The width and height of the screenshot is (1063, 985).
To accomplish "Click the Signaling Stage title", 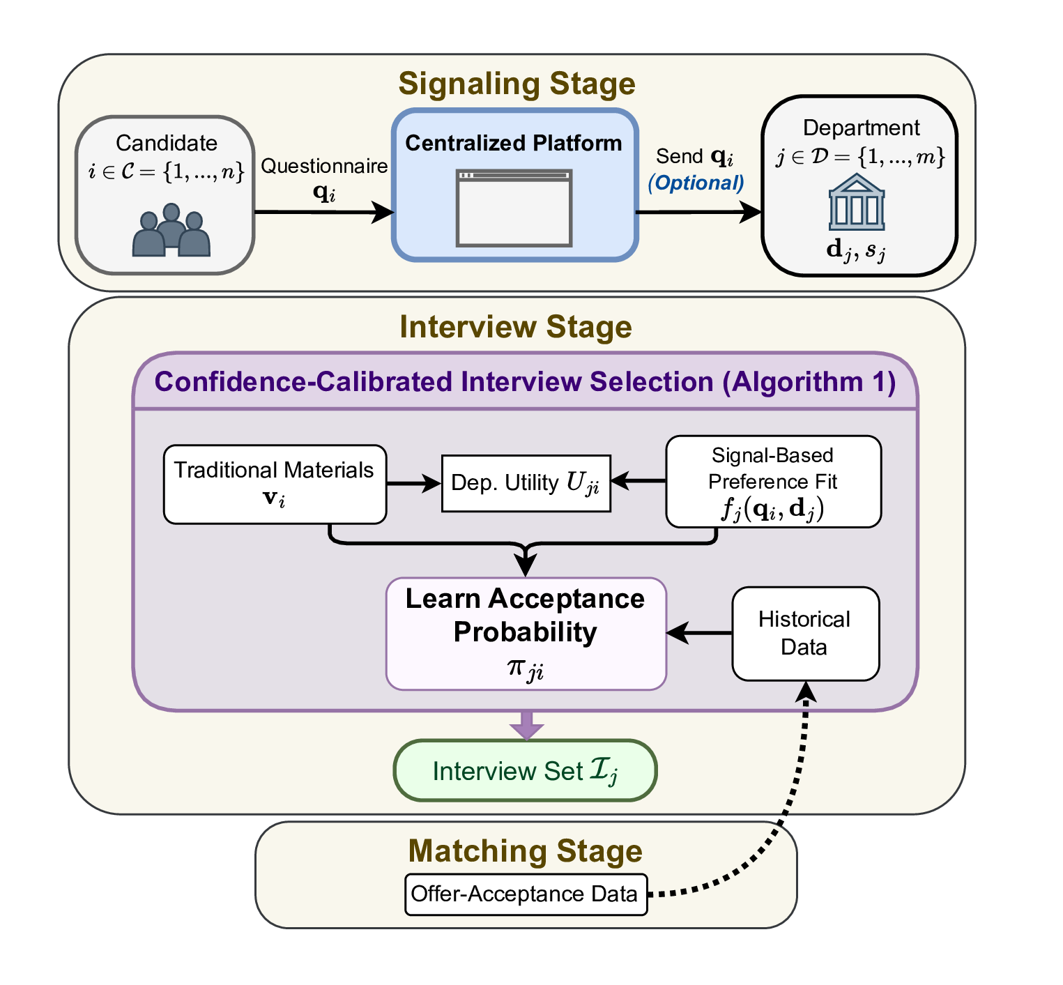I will tap(517, 84).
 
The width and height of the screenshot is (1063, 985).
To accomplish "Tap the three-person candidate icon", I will tap(171, 231).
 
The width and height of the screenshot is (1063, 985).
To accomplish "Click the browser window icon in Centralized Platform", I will tap(514, 208).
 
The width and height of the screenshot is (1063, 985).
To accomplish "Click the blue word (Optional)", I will tap(696, 183).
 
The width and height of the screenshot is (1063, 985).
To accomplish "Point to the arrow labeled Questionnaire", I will tap(324, 212).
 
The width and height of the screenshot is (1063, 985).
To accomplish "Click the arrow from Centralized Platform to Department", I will tap(698, 212).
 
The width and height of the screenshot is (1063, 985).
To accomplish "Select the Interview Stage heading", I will tap(516, 327).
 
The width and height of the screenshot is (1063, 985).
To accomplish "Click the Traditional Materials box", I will tap(275, 484).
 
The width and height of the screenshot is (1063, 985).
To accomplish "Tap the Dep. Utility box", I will tap(526, 483).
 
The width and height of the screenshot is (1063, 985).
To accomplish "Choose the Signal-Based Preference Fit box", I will tap(773, 482).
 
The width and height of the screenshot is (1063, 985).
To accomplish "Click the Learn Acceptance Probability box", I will tap(526, 633).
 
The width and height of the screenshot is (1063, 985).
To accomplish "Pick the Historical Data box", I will tap(804, 633).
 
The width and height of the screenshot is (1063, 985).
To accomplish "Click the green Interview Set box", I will tap(525, 770).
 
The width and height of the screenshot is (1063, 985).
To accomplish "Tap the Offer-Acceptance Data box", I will tap(525, 894).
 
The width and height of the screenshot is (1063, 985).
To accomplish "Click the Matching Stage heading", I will tap(525, 851).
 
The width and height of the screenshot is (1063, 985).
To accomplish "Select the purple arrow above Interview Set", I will tap(526, 725).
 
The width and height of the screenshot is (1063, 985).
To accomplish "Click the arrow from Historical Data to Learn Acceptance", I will tap(699, 633).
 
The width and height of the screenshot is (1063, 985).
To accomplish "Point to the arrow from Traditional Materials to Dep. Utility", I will tap(414, 483).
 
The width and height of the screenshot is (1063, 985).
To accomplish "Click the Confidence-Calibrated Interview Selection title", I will tap(525, 382).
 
